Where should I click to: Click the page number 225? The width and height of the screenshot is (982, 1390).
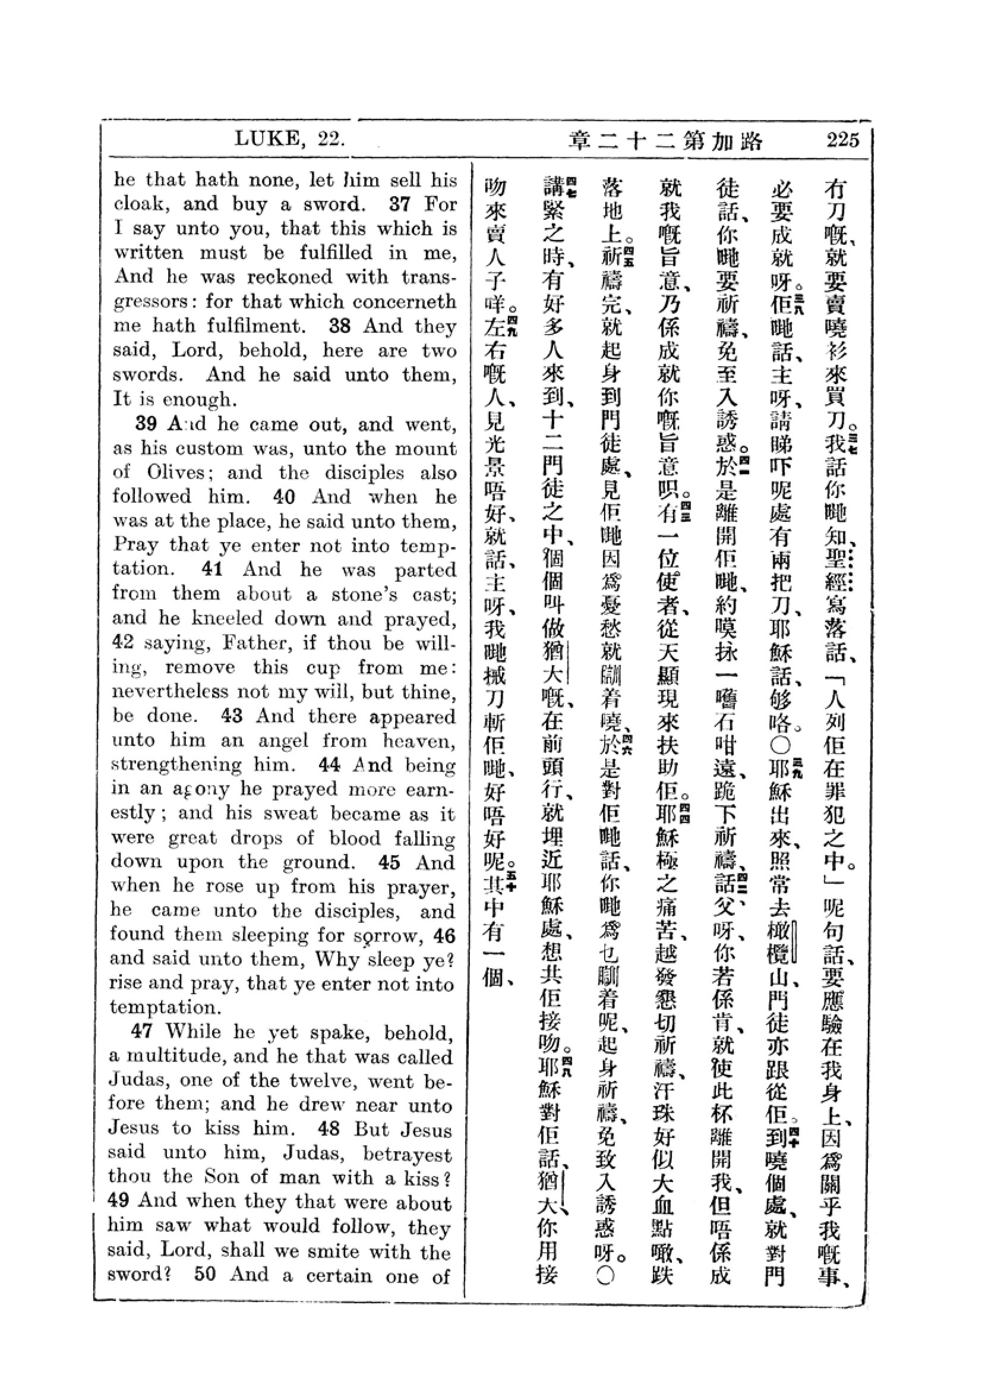coord(843,140)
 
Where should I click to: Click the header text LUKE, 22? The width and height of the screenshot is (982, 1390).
coord(290,140)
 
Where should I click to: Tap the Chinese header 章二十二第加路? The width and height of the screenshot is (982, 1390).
coord(665,140)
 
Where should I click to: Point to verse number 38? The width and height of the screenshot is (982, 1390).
coord(339,326)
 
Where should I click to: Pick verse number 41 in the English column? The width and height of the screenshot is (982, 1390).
coord(211,569)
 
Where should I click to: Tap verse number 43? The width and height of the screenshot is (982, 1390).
coord(232,716)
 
